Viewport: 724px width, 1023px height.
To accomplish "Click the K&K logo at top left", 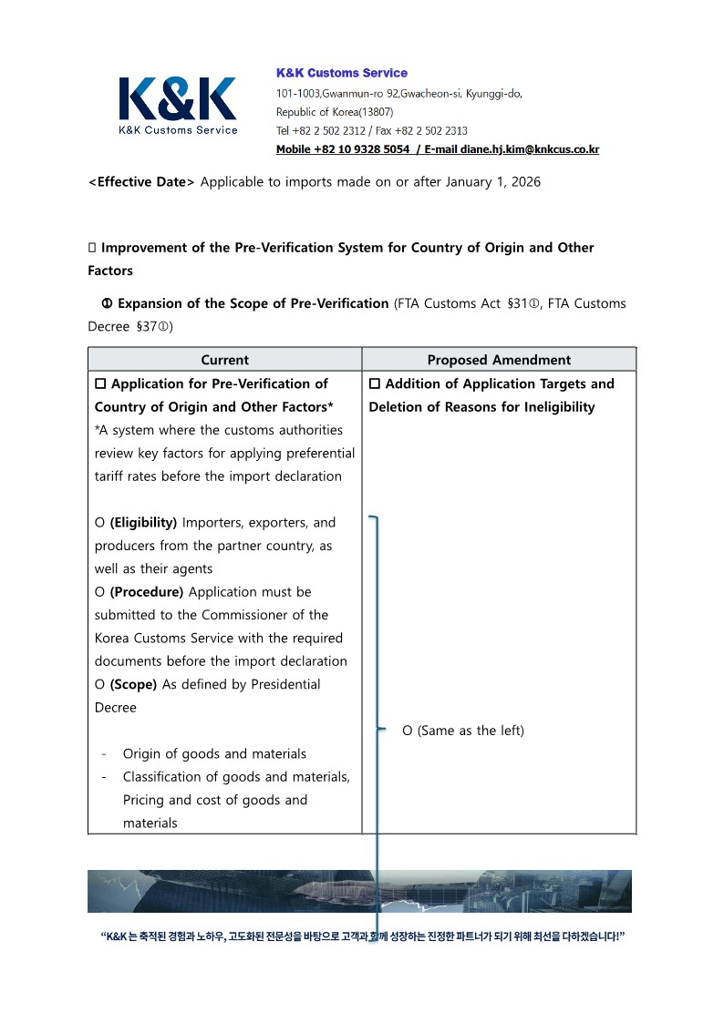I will (x=178, y=105).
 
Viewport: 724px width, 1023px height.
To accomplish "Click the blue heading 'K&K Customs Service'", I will (x=342, y=73).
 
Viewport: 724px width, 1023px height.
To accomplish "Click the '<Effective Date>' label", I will (x=141, y=182).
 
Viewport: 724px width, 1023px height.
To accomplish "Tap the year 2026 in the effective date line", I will (x=524, y=182).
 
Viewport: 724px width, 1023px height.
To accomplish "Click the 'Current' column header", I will (x=224, y=360).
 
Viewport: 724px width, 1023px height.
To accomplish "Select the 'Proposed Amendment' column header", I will (x=499, y=360).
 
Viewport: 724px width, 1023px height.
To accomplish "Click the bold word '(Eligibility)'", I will (x=143, y=523).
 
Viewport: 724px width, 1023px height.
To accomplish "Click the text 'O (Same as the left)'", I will (x=463, y=731).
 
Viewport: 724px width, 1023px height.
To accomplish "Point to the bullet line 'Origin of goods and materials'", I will (x=214, y=753).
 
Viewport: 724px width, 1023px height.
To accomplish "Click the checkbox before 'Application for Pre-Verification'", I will (x=101, y=384).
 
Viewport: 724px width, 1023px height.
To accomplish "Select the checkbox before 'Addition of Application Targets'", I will (x=375, y=384).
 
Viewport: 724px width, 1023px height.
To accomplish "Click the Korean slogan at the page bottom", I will (x=362, y=936).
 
